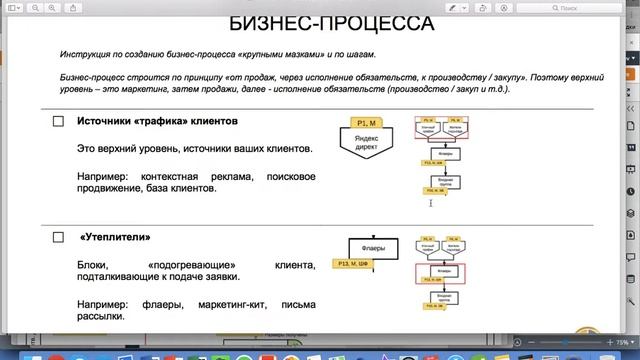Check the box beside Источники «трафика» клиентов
point(58,122)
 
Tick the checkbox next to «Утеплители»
point(58,238)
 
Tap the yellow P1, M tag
point(364,122)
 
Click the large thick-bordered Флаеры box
point(372,246)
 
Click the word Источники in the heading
point(109,121)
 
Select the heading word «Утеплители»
point(115,238)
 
